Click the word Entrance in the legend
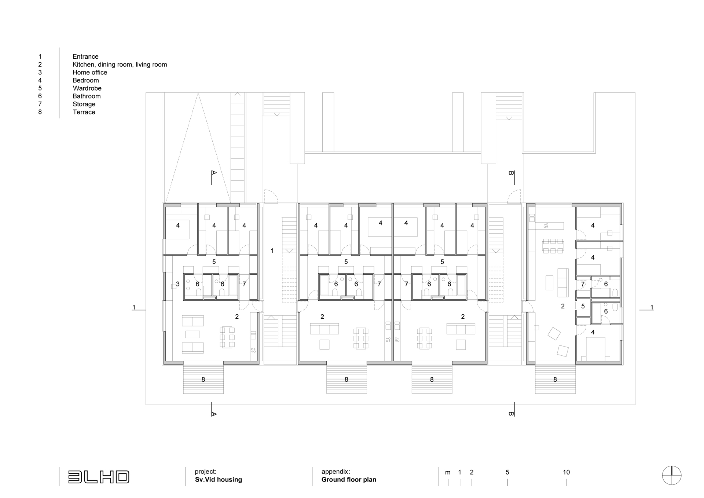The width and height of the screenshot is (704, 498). click(x=85, y=56)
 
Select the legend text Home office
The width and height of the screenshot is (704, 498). click(x=90, y=72)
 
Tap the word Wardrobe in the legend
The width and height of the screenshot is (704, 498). click(x=87, y=88)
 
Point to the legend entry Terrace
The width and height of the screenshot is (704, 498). click(x=84, y=112)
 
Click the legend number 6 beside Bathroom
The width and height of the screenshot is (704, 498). click(x=40, y=96)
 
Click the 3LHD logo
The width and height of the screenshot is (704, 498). click(x=99, y=477)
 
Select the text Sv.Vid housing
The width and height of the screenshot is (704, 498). click(x=219, y=480)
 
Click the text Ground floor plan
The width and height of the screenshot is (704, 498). click(x=349, y=480)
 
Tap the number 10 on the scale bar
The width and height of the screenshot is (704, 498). click(x=566, y=472)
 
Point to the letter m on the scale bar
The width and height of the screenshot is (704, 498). click(x=448, y=473)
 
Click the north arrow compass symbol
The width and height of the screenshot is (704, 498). click(x=672, y=475)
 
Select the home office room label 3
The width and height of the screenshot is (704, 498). click(x=178, y=284)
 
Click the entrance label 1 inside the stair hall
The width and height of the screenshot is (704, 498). click(x=272, y=251)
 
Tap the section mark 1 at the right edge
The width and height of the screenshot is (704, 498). click(x=652, y=307)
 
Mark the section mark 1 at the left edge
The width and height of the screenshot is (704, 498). click(x=134, y=307)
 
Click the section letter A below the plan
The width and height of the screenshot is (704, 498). click(x=214, y=414)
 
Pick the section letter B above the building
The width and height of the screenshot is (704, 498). click(x=511, y=173)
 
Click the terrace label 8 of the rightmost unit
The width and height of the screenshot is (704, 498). click(x=555, y=380)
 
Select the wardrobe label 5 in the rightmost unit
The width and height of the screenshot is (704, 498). click(x=583, y=306)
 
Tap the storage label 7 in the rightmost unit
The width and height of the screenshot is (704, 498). click(x=583, y=284)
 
